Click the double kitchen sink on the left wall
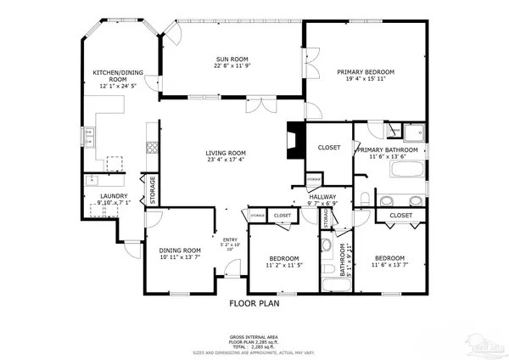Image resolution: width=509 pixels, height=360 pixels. pos(87,136)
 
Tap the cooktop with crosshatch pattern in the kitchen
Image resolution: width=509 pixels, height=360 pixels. pos(151,145)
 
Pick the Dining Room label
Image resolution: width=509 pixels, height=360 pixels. pos(180,250)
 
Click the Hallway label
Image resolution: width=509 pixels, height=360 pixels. pos(322,197)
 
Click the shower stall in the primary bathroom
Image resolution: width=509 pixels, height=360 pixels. pos(415,133)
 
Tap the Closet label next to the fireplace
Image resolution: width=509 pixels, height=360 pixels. pos(329,148)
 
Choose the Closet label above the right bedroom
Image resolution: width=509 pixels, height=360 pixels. pos(400,216)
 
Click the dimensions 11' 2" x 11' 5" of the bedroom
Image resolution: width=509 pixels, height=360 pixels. pos(282,265)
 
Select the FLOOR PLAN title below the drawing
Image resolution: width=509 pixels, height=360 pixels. pos(254,301)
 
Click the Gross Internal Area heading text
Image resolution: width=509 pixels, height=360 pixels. pos(254,337)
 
